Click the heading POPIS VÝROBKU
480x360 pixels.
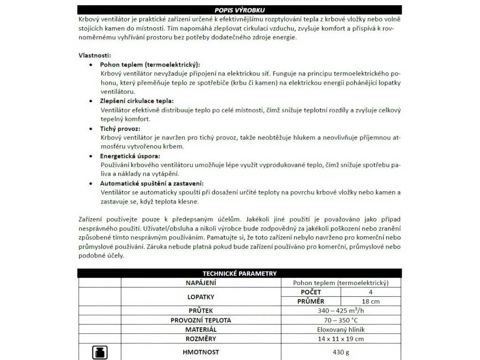tap(240, 9)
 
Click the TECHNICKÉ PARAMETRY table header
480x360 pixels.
tap(240, 274)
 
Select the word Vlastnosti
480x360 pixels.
tap(95, 55)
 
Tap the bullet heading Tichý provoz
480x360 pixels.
tap(120, 128)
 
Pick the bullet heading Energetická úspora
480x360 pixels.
tap(130, 156)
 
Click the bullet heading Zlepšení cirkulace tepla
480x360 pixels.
tap(137, 101)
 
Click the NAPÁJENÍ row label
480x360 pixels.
tap(200, 283)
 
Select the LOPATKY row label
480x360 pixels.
tap(200, 297)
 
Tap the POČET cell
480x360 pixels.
tap(311, 292)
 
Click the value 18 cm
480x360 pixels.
tap(371, 301)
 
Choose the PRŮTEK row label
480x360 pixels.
tap(200, 310)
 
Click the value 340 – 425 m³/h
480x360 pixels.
tap(341, 310)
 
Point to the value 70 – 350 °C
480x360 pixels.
tap(341, 320)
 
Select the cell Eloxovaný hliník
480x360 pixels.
tap(341, 329)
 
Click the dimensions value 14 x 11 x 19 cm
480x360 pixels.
tap(341, 338)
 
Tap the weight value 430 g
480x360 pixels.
tap(341, 352)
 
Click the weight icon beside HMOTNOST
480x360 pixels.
tap(99, 352)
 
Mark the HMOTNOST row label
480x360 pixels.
tap(200, 352)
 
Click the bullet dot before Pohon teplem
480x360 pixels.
tap(91, 64)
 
